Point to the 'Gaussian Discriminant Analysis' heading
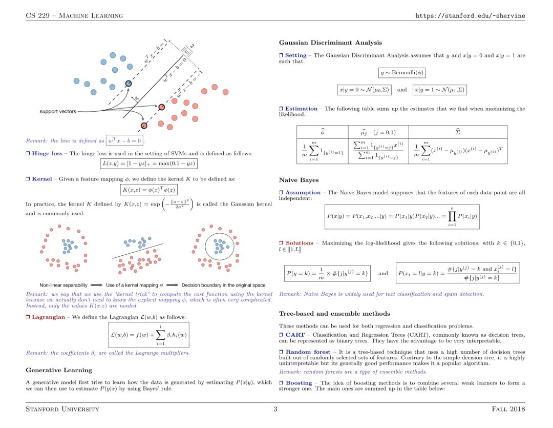(330, 43)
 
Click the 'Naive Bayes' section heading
(299, 180)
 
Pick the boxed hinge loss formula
(148, 163)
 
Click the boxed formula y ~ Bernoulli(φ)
(402, 72)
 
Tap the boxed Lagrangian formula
(149, 336)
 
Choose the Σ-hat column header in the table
(458, 132)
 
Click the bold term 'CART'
(295, 335)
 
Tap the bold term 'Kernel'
(42, 179)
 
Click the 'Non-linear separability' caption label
(64, 285)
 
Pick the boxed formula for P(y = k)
(328, 273)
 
